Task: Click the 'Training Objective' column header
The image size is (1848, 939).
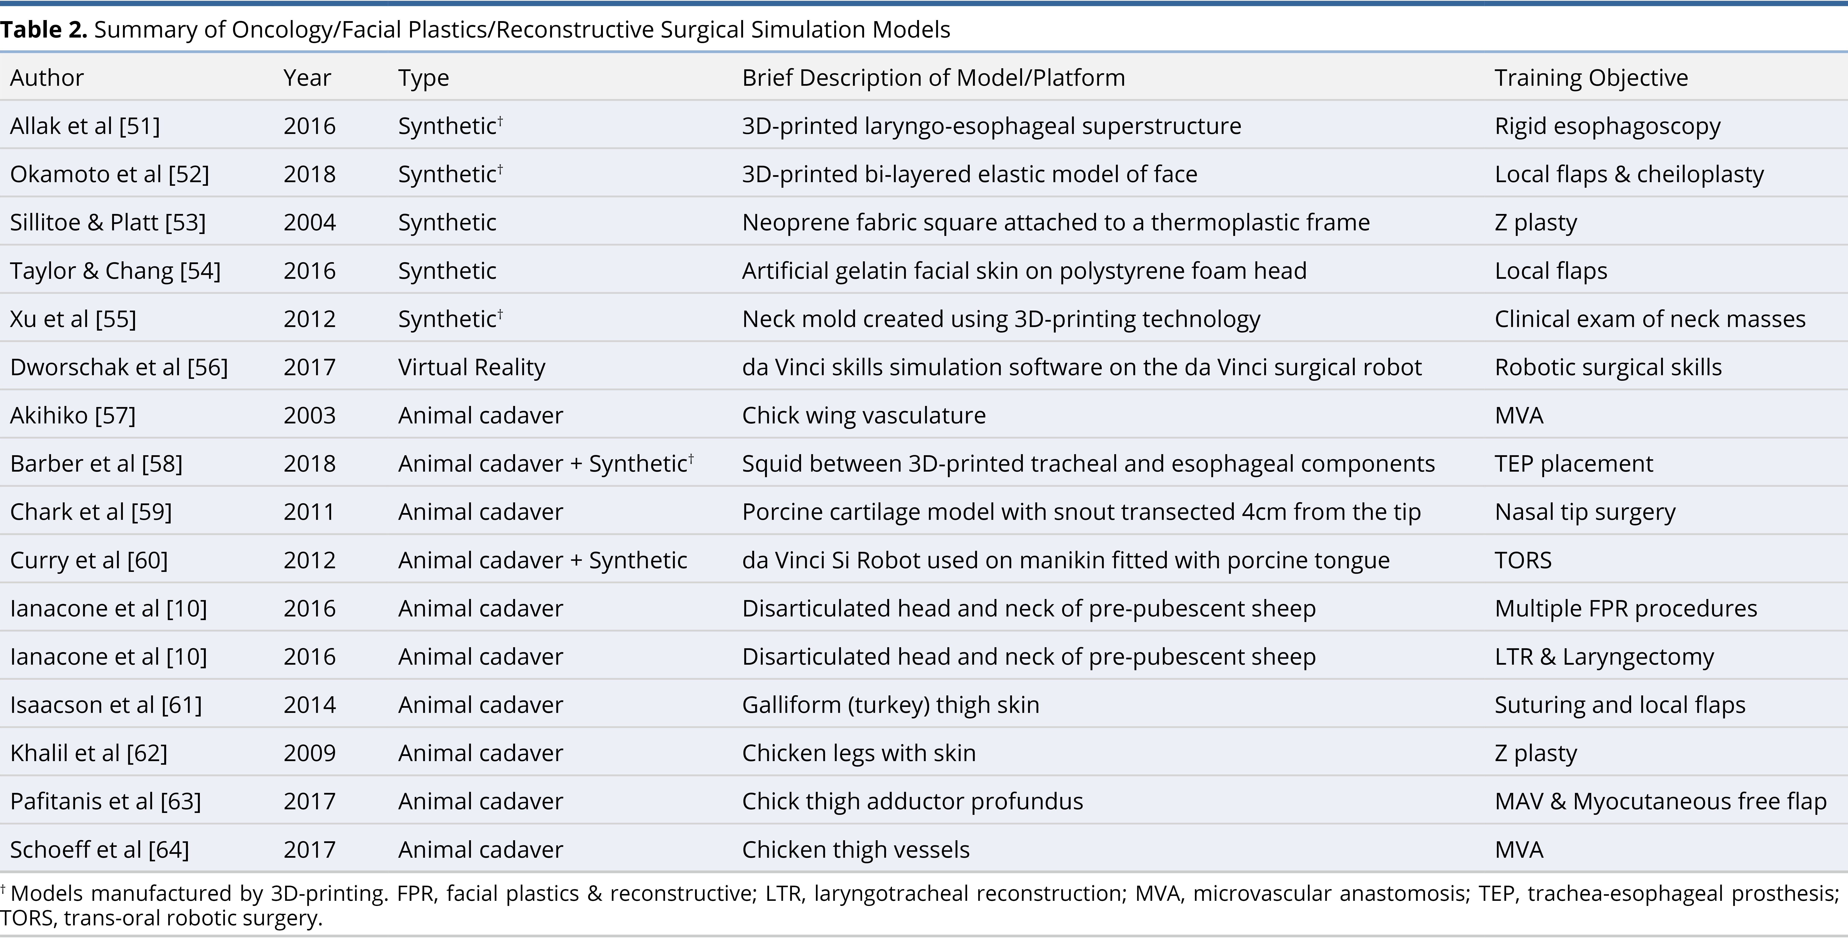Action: click(x=1591, y=77)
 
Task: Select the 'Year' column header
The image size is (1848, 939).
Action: click(x=307, y=77)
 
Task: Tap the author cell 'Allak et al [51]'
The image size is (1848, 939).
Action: click(x=85, y=126)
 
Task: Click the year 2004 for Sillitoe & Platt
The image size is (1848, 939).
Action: click(x=309, y=222)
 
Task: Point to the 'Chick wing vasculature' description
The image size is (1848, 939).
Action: click(x=864, y=415)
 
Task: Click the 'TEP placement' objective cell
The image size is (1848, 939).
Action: click(x=1573, y=463)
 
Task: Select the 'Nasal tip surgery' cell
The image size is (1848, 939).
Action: click(x=1585, y=512)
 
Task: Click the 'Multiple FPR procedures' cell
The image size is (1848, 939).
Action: click(x=1626, y=608)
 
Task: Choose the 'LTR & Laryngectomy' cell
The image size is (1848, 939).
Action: click(x=1604, y=656)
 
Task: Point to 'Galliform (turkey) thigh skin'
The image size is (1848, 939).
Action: click(x=890, y=704)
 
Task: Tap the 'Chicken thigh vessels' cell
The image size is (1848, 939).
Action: click(x=856, y=849)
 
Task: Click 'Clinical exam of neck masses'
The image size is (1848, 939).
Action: click(x=1650, y=318)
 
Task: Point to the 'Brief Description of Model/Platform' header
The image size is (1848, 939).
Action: click(x=933, y=77)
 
